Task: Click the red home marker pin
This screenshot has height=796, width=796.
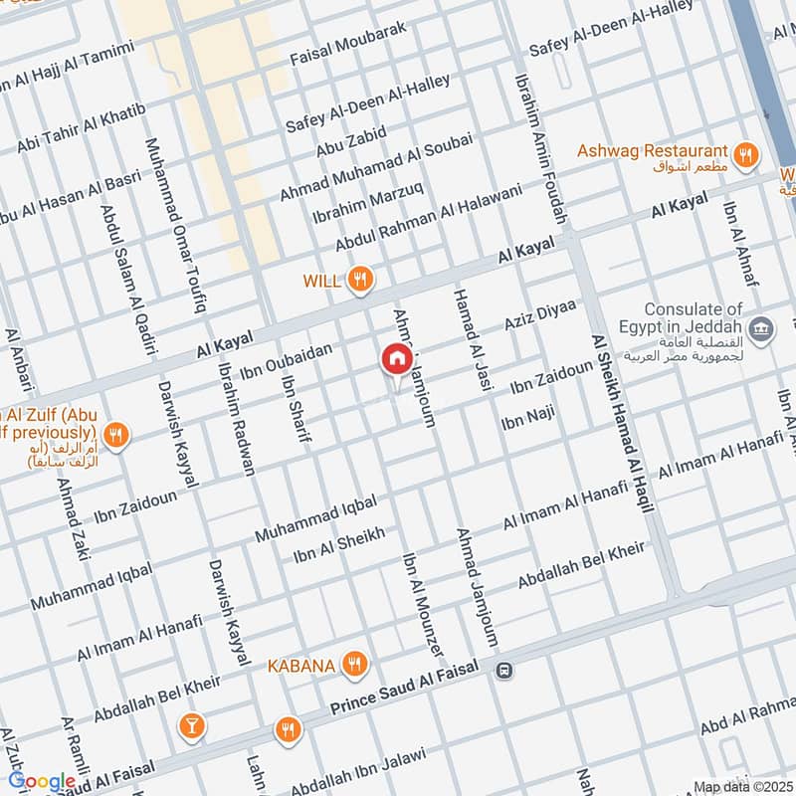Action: pos(396,359)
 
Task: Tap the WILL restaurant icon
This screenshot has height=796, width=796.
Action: pos(360,282)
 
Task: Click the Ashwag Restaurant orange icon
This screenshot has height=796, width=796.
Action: pos(744,154)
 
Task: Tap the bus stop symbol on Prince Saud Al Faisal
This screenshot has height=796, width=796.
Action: pos(505,671)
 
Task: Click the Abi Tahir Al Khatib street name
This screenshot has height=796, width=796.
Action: pos(82,128)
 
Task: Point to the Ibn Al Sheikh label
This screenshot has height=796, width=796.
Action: pos(339,545)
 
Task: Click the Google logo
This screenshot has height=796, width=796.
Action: pos(42,782)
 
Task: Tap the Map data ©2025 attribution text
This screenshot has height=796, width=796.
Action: pos(741,787)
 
